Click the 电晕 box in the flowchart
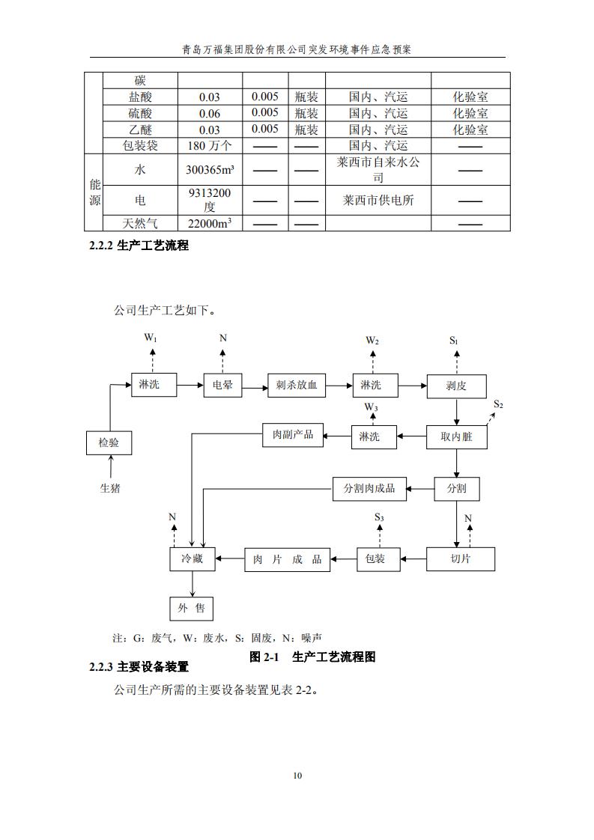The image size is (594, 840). coord(222,386)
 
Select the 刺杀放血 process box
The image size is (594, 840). coord(297,386)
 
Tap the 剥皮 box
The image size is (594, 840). coord(456,386)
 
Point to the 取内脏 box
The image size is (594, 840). coord(456,436)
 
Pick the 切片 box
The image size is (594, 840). coord(461,559)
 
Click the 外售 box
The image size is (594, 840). coord(192,608)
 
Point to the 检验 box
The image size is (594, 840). coord(109,442)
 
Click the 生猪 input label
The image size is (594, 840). coord(110,488)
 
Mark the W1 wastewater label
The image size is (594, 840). coord(151,338)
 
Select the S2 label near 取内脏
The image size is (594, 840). coord(498,405)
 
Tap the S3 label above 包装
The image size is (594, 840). coord(379,517)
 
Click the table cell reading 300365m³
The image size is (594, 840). coord(210,170)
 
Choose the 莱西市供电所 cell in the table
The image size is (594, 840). coord(378,201)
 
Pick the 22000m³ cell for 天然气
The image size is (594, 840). coord(210,223)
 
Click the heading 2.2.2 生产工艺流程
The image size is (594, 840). coord(139,246)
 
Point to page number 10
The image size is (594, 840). coord(297,776)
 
